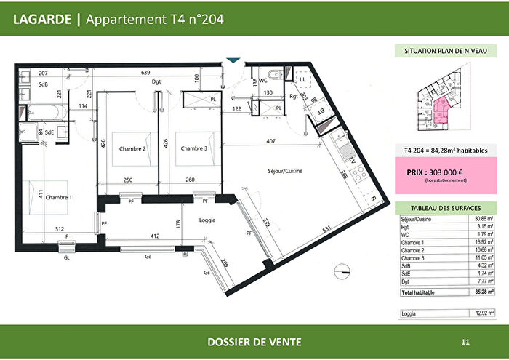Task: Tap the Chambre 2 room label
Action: pyautogui.click(x=133, y=148)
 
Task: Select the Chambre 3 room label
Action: pyautogui.click(x=194, y=148)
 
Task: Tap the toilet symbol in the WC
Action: pyautogui.click(x=273, y=75)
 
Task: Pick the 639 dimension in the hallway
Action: pyautogui.click(x=145, y=73)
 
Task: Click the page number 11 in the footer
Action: pyautogui.click(x=465, y=341)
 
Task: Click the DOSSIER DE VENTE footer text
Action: pyautogui.click(x=254, y=342)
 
